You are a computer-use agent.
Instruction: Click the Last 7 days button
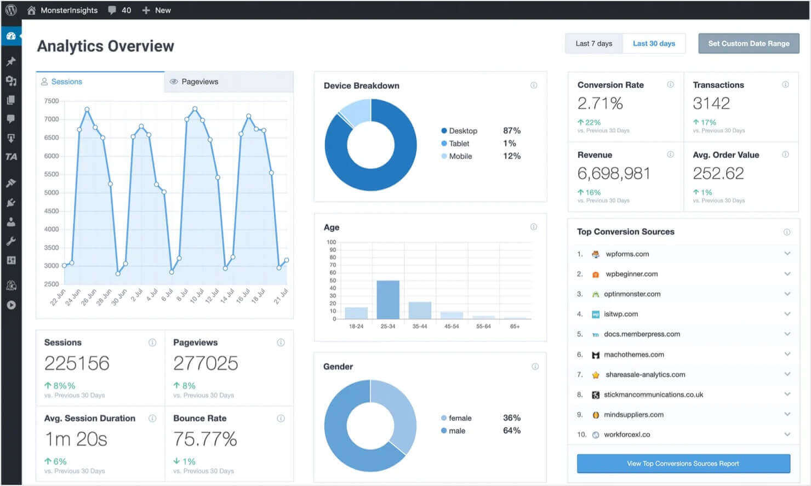(593, 43)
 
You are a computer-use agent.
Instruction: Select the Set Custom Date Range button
(749, 43)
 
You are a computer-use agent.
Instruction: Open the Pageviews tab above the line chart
(199, 82)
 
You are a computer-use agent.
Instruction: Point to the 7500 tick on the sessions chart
(52, 101)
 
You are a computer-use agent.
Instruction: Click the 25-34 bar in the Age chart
(388, 299)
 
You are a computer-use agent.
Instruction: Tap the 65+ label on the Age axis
(515, 326)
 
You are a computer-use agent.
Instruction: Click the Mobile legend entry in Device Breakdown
(460, 156)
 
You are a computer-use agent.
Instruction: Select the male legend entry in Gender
(456, 431)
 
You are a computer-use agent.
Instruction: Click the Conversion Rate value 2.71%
(600, 103)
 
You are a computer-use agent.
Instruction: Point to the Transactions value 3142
(711, 103)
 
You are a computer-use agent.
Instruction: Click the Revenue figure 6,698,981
(614, 173)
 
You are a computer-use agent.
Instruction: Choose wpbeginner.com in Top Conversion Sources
(631, 274)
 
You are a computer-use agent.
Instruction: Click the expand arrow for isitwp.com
(787, 314)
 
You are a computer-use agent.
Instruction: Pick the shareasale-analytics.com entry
(645, 375)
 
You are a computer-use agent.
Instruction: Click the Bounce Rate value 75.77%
(205, 439)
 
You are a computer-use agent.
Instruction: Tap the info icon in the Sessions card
(152, 342)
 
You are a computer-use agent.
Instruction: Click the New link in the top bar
(162, 10)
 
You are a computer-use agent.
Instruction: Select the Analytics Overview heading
(105, 46)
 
